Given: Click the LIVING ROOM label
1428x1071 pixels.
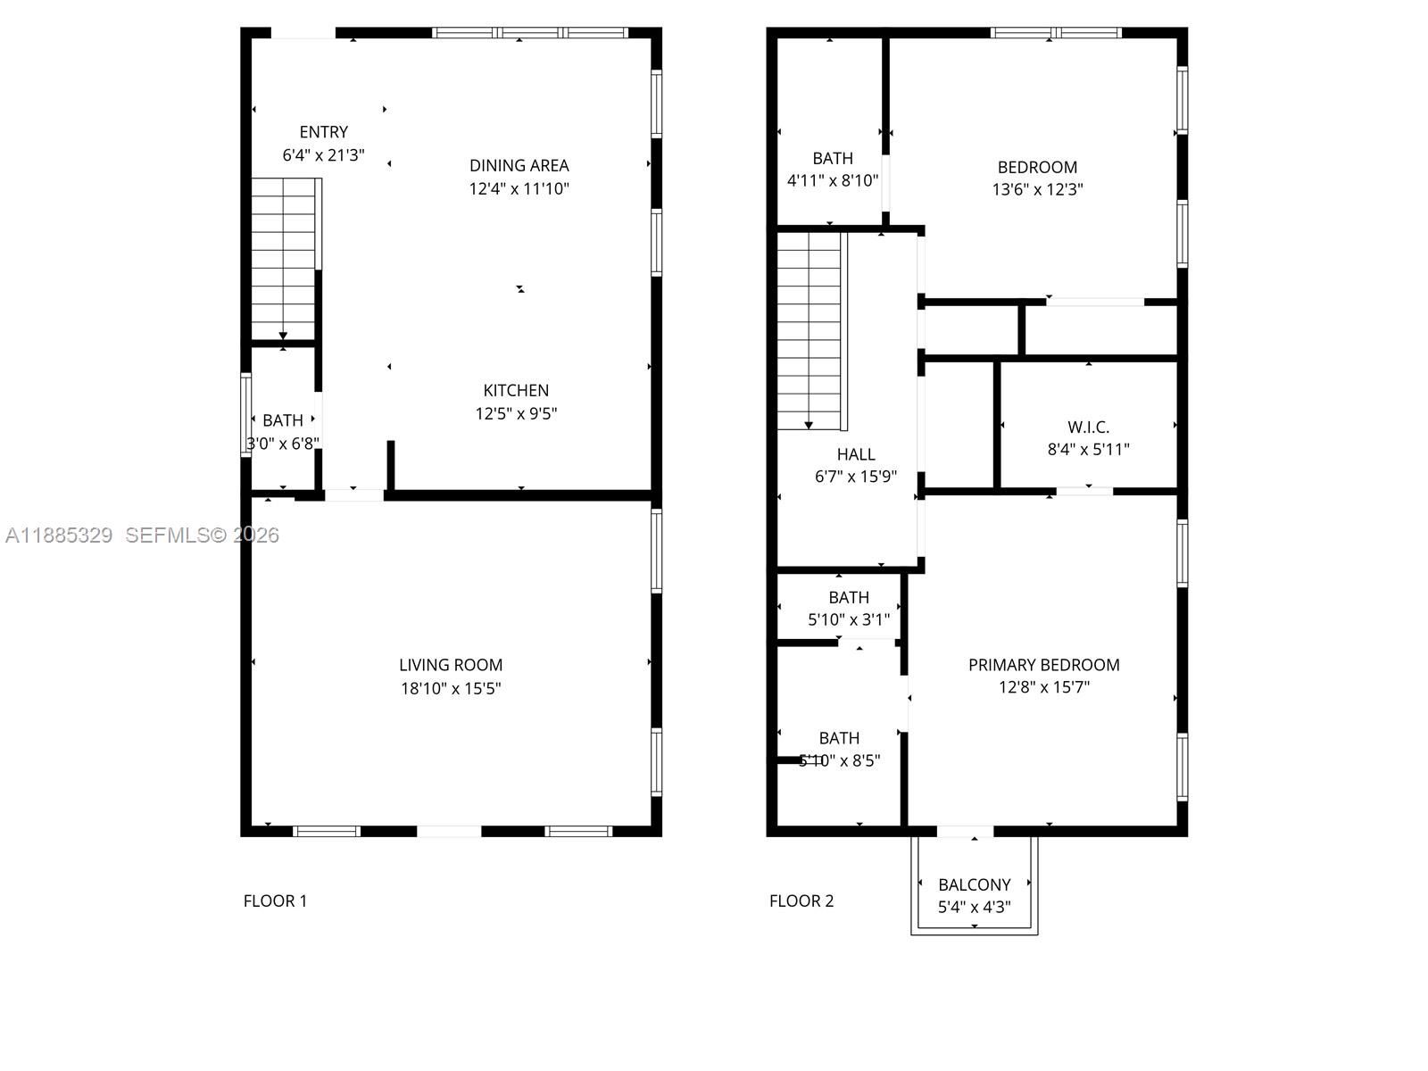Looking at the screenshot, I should tap(451, 665).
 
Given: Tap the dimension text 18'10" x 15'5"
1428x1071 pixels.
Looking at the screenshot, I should tap(451, 688).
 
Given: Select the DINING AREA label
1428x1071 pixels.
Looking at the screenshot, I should tap(519, 165).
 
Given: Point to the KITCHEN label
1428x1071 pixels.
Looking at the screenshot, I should tap(516, 390).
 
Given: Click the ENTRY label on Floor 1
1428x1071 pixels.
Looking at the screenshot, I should tap(323, 132).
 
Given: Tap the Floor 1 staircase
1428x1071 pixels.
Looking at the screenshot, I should tap(283, 259).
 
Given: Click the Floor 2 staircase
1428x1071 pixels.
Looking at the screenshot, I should tap(809, 330).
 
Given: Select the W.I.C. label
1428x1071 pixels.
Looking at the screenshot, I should tap(1088, 427).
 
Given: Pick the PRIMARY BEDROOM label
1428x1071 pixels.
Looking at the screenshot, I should tap(1043, 665).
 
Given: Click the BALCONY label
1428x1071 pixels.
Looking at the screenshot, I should tap(974, 884).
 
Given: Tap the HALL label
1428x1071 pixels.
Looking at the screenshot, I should tap(855, 454).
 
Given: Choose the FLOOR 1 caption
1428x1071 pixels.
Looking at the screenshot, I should tap(275, 901).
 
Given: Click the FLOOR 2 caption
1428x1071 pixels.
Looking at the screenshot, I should tap(801, 901).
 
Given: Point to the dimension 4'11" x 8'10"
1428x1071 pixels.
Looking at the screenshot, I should tap(832, 180).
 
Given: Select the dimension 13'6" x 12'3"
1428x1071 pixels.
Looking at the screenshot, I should tap(1037, 189).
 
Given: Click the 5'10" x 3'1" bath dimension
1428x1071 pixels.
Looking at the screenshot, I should tap(848, 619).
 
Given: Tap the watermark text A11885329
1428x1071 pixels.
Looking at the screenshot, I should tap(59, 535).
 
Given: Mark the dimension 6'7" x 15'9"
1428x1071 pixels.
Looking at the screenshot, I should tap(855, 477).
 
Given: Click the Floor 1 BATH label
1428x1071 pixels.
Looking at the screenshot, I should tap(283, 419).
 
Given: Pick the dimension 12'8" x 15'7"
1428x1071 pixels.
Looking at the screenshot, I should tap(1043, 687).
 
